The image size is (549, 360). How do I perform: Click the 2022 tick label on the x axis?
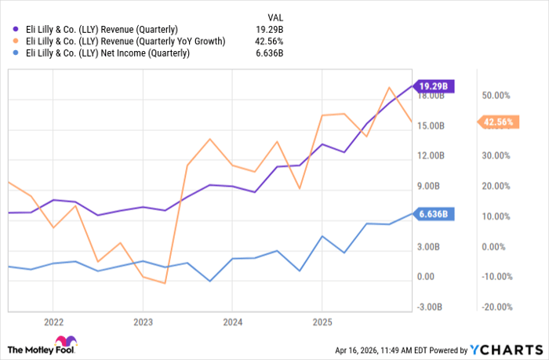(x=53, y=322)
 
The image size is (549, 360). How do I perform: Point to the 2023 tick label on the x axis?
(x=143, y=322)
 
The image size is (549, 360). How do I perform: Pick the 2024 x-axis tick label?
(x=232, y=322)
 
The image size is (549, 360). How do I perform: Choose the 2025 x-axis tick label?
(x=322, y=322)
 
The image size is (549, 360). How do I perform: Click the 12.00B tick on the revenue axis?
(x=431, y=156)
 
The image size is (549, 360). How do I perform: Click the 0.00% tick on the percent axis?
(x=496, y=246)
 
